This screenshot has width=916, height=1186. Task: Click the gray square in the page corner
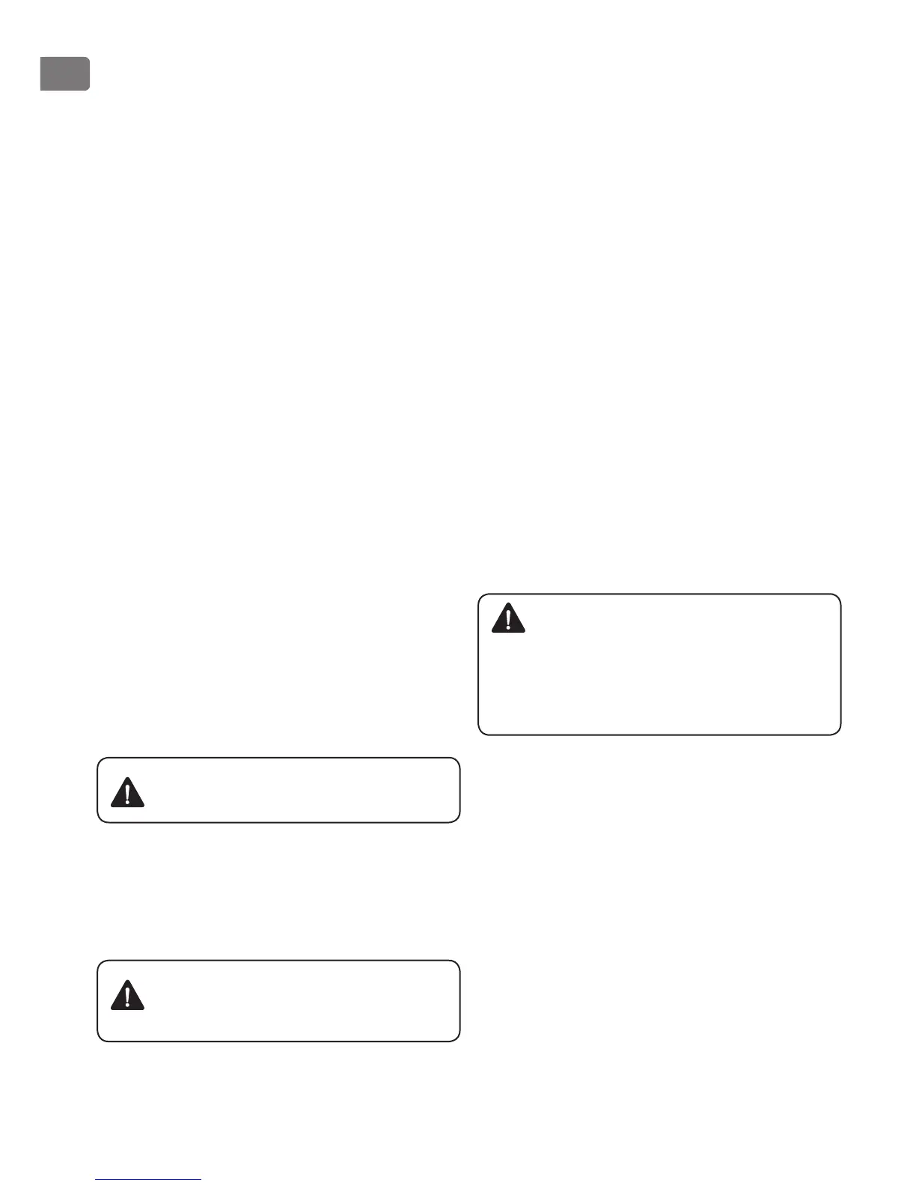coord(64,74)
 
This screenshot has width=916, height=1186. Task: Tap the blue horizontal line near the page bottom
coord(148,1179)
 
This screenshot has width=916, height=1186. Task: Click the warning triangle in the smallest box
coord(127,792)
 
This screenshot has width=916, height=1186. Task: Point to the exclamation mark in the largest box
coord(509,619)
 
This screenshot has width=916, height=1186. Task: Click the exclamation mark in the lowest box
coord(128,996)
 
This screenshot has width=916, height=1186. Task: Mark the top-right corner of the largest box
coord(840,595)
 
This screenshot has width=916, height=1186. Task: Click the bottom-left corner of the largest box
coord(479,734)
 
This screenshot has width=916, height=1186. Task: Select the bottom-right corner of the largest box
coord(840,734)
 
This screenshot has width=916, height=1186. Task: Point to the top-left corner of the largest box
coord(479,595)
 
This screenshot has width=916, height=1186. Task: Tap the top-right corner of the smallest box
coord(458,758)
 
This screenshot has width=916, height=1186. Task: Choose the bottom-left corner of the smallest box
coord(98,821)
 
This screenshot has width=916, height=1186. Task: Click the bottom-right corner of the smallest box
coord(458,821)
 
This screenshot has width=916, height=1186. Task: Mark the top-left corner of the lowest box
coord(98,962)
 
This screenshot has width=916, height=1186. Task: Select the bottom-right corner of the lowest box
coord(458,1040)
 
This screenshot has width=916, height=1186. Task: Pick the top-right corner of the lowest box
coord(458,962)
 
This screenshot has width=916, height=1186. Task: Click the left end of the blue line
coord(96,1179)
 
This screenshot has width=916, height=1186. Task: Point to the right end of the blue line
coord(201,1179)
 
